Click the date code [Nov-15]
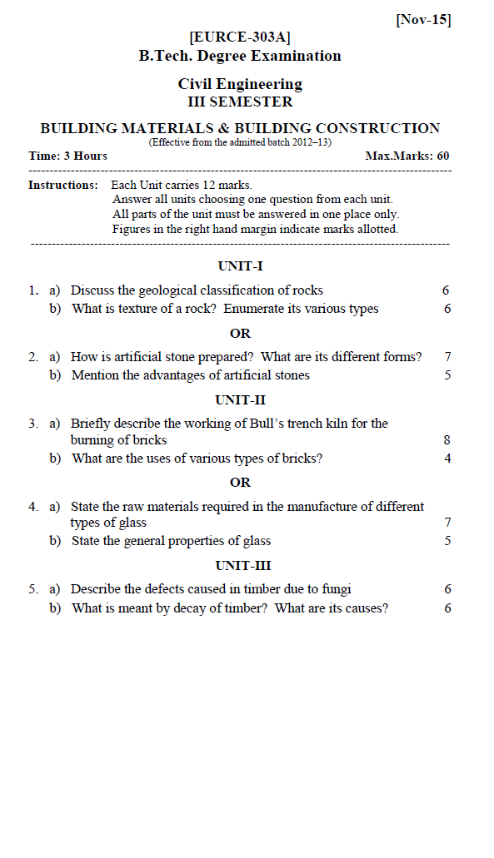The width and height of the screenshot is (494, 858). (x=423, y=20)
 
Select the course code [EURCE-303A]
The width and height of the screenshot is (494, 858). (x=240, y=37)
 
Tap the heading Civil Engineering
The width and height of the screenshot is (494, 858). (x=240, y=84)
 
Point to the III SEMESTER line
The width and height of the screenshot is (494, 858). (x=240, y=102)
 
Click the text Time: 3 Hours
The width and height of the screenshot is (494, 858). (x=67, y=156)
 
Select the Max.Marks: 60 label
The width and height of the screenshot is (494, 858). (x=407, y=156)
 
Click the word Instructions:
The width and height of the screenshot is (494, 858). (x=62, y=185)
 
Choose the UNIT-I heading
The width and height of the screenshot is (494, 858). (x=240, y=266)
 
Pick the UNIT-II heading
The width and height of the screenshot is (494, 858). (x=240, y=400)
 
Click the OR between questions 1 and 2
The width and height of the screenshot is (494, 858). (x=240, y=334)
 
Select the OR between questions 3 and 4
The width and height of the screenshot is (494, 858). (x=240, y=483)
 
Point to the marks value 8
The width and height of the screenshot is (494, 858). (x=447, y=440)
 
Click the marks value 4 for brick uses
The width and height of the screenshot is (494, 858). (x=447, y=459)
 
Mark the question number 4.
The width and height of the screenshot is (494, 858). (x=32, y=506)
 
